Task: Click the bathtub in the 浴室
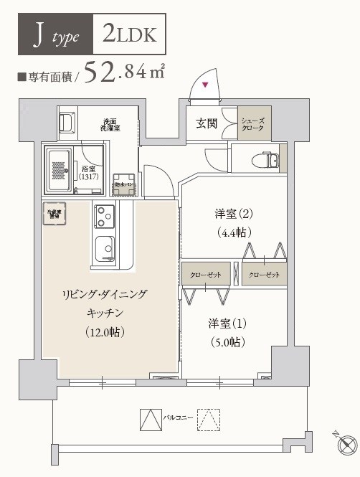tap(59, 169)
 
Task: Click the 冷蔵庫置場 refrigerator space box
tap(55, 215)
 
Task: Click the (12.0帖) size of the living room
tap(107, 331)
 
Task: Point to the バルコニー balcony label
tap(176, 416)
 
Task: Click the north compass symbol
tap(346, 443)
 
